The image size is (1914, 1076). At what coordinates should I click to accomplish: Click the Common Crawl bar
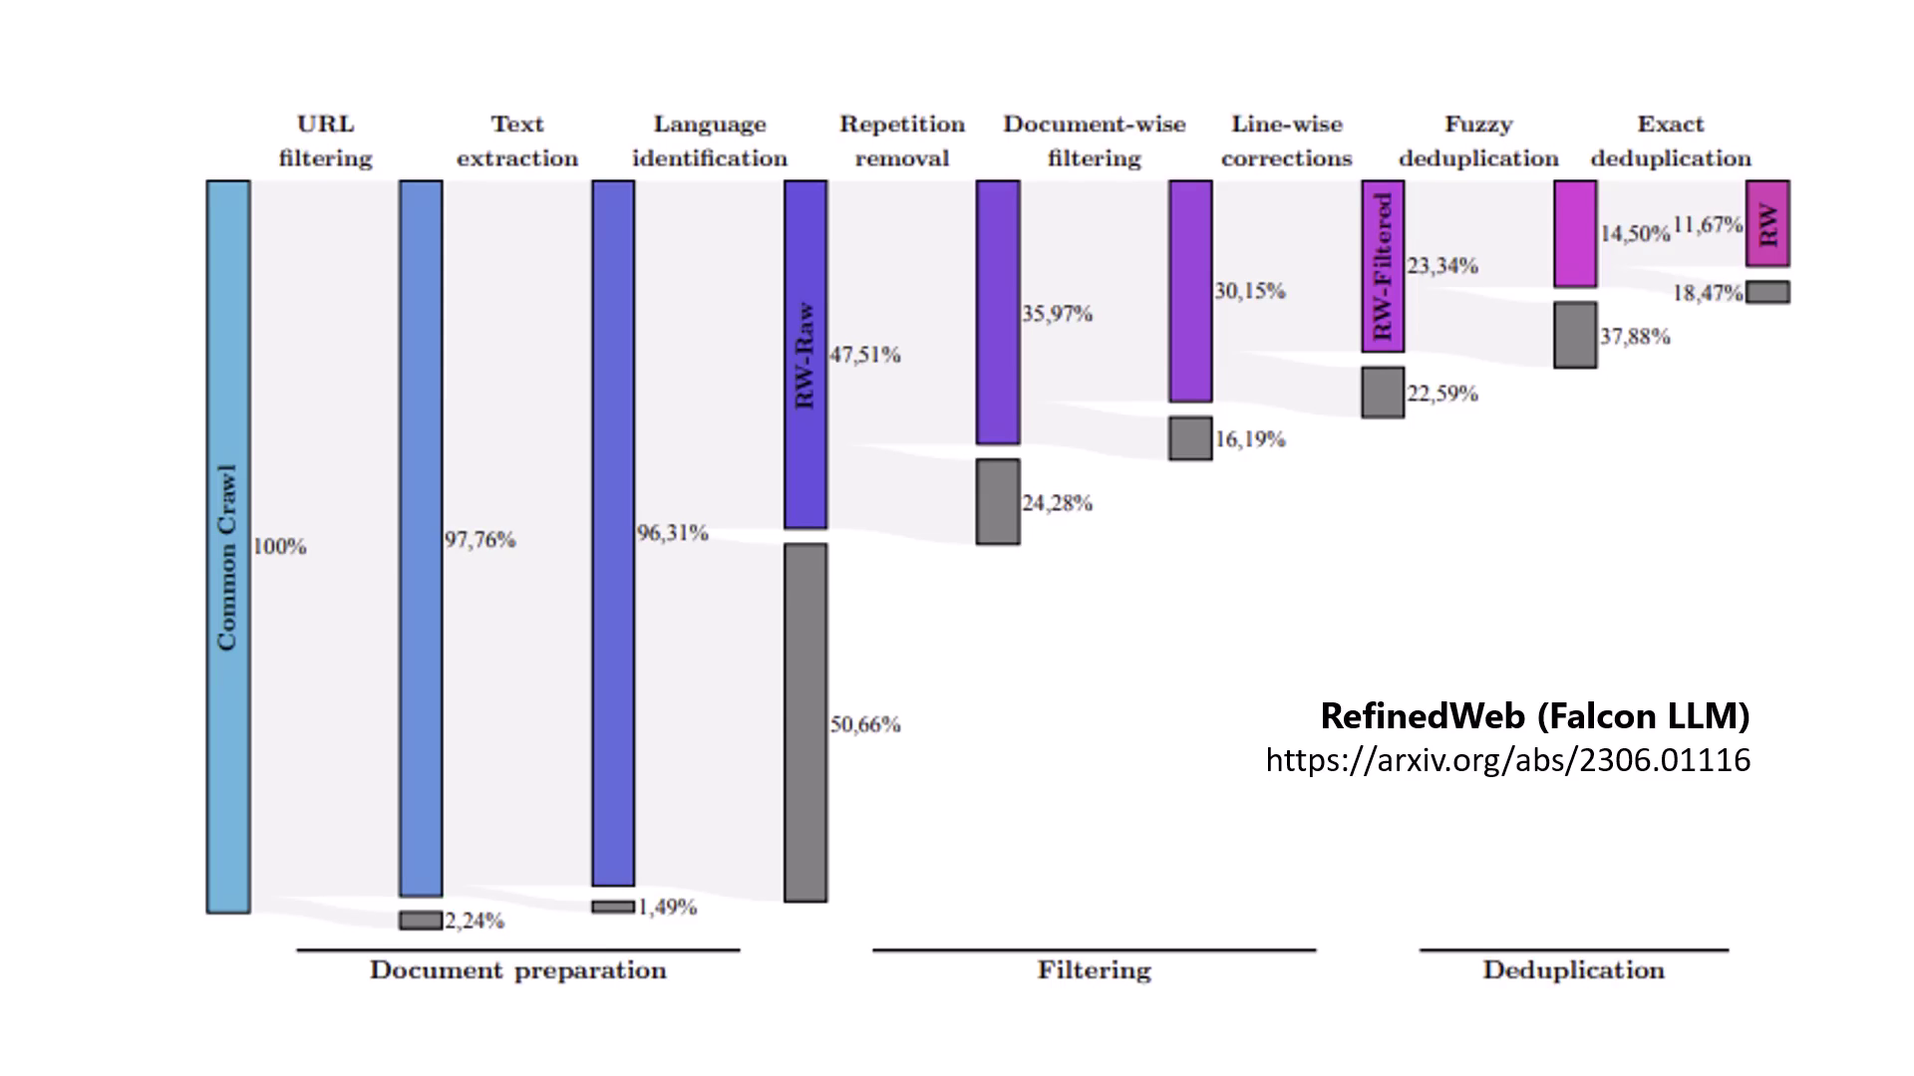(x=228, y=546)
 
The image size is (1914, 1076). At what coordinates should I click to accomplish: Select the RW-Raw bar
(x=805, y=354)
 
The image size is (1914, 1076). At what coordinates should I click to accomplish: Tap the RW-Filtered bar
(x=1383, y=266)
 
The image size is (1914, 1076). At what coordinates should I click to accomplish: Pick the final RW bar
(x=1767, y=223)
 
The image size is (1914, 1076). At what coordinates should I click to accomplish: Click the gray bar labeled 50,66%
(x=805, y=722)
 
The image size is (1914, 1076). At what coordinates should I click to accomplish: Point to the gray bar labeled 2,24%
(x=421, y=921)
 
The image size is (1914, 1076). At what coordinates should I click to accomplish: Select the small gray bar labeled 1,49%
(x=613, y=907)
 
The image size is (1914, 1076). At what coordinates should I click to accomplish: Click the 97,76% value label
(x=480, y=540)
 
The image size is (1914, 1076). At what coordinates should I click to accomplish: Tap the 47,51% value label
(x=865, y=355)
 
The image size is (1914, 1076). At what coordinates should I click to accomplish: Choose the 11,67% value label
(x=1708, y=225)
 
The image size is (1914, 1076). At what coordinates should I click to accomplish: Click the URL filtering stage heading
(x=325, y=140)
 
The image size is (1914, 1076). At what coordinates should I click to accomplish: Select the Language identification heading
(x=710, y=140)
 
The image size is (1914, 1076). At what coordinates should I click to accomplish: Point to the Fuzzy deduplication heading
(x=1478, y=140)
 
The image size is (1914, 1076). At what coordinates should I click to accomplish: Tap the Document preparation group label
(x=517, y=970)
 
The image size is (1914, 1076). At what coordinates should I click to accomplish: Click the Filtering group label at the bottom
(x=1094, y=970)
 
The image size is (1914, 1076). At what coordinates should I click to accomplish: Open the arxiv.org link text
(x=1507, y=760)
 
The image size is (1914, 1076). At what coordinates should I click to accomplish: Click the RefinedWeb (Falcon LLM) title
(x=1534, y=715)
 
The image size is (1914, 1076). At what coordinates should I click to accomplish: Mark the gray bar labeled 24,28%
(x=998, y=501)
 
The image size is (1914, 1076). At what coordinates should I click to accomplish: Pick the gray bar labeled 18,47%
(x=1767, y=292)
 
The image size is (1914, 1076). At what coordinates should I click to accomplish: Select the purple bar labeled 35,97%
(x=998, y=312)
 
